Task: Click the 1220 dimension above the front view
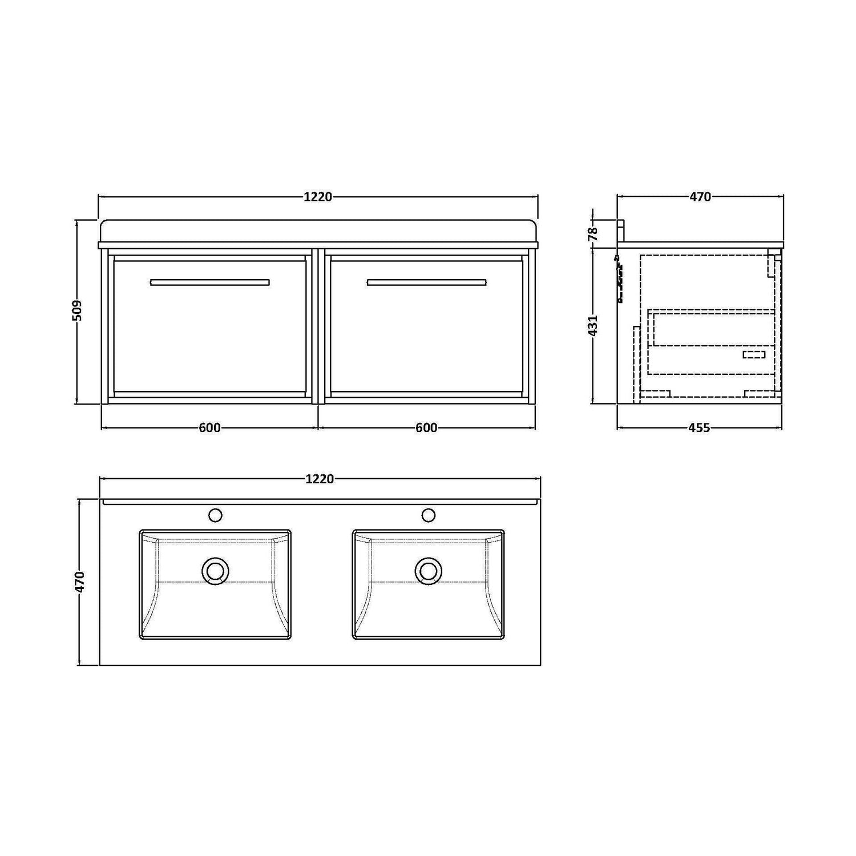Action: pos(318,197)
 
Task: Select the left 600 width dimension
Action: pos(209,427)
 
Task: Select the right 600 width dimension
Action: pos(426,427)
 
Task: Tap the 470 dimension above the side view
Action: pos(700,197)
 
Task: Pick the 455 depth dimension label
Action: pos(699,427)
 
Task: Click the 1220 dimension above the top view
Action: pos(320,479)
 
